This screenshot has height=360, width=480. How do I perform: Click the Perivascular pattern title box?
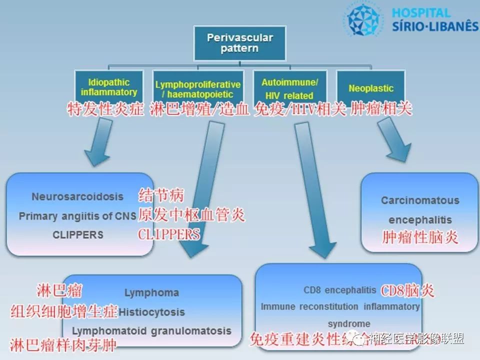(239, 43)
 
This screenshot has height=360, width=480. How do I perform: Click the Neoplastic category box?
(371, 88)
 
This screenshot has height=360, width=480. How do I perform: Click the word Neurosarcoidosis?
(77, 196)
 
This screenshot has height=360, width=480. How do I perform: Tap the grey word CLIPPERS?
(77, 235)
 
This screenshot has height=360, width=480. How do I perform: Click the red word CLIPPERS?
(169, 234)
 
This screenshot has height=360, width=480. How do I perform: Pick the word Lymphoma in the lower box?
(151, 293)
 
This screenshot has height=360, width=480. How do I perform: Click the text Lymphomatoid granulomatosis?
(151, 331)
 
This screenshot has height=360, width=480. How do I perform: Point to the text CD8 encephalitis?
(339, 290)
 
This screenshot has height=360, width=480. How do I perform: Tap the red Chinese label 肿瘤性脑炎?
(420, 236)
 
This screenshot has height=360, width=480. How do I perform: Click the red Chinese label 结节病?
(162, 195)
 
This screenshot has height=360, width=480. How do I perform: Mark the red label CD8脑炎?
(407, 290)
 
